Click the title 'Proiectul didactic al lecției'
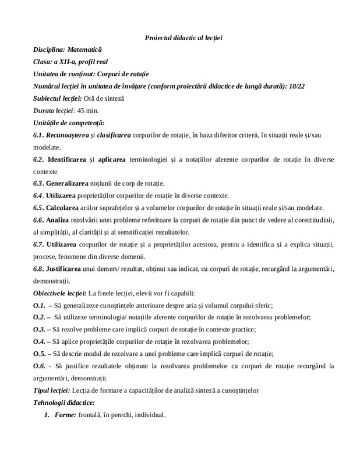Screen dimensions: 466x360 click(x=183, y=38)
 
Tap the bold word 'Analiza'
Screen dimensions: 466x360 click(x=61, y=220)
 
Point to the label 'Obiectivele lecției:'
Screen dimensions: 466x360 click(x=61, y=292)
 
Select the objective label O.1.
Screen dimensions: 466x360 click(x=40, y=305)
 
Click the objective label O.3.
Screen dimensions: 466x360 click(x=39, y=329)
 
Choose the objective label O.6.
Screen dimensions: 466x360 click(x=40, y=366)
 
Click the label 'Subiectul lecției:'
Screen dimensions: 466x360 click(x=58, y=98)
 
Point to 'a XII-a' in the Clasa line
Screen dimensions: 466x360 click(x=67, y=62)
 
